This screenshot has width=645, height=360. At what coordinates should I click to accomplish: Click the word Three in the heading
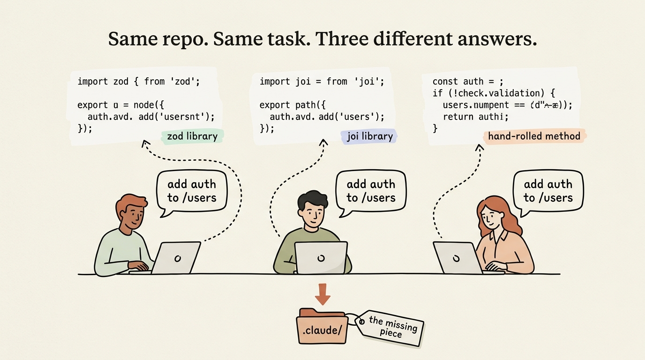(346, 39)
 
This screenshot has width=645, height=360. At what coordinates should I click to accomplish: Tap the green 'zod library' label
(192, 136)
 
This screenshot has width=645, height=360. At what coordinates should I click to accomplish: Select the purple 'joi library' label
(370, 136)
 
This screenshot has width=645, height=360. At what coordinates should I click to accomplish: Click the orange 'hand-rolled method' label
(534, 136)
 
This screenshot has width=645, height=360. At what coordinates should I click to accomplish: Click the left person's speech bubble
(192, 191)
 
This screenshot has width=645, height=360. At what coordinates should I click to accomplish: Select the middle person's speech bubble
(371, 191)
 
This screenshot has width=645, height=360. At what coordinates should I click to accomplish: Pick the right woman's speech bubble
(548, 191)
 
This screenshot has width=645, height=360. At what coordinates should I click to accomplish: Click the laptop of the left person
(176, 257)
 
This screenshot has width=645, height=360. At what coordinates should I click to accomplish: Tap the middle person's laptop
(321, 257)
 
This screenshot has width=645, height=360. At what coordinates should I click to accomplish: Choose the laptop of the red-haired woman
(457, 257)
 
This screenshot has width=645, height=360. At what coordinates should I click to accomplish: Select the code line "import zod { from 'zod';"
(139, 82)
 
